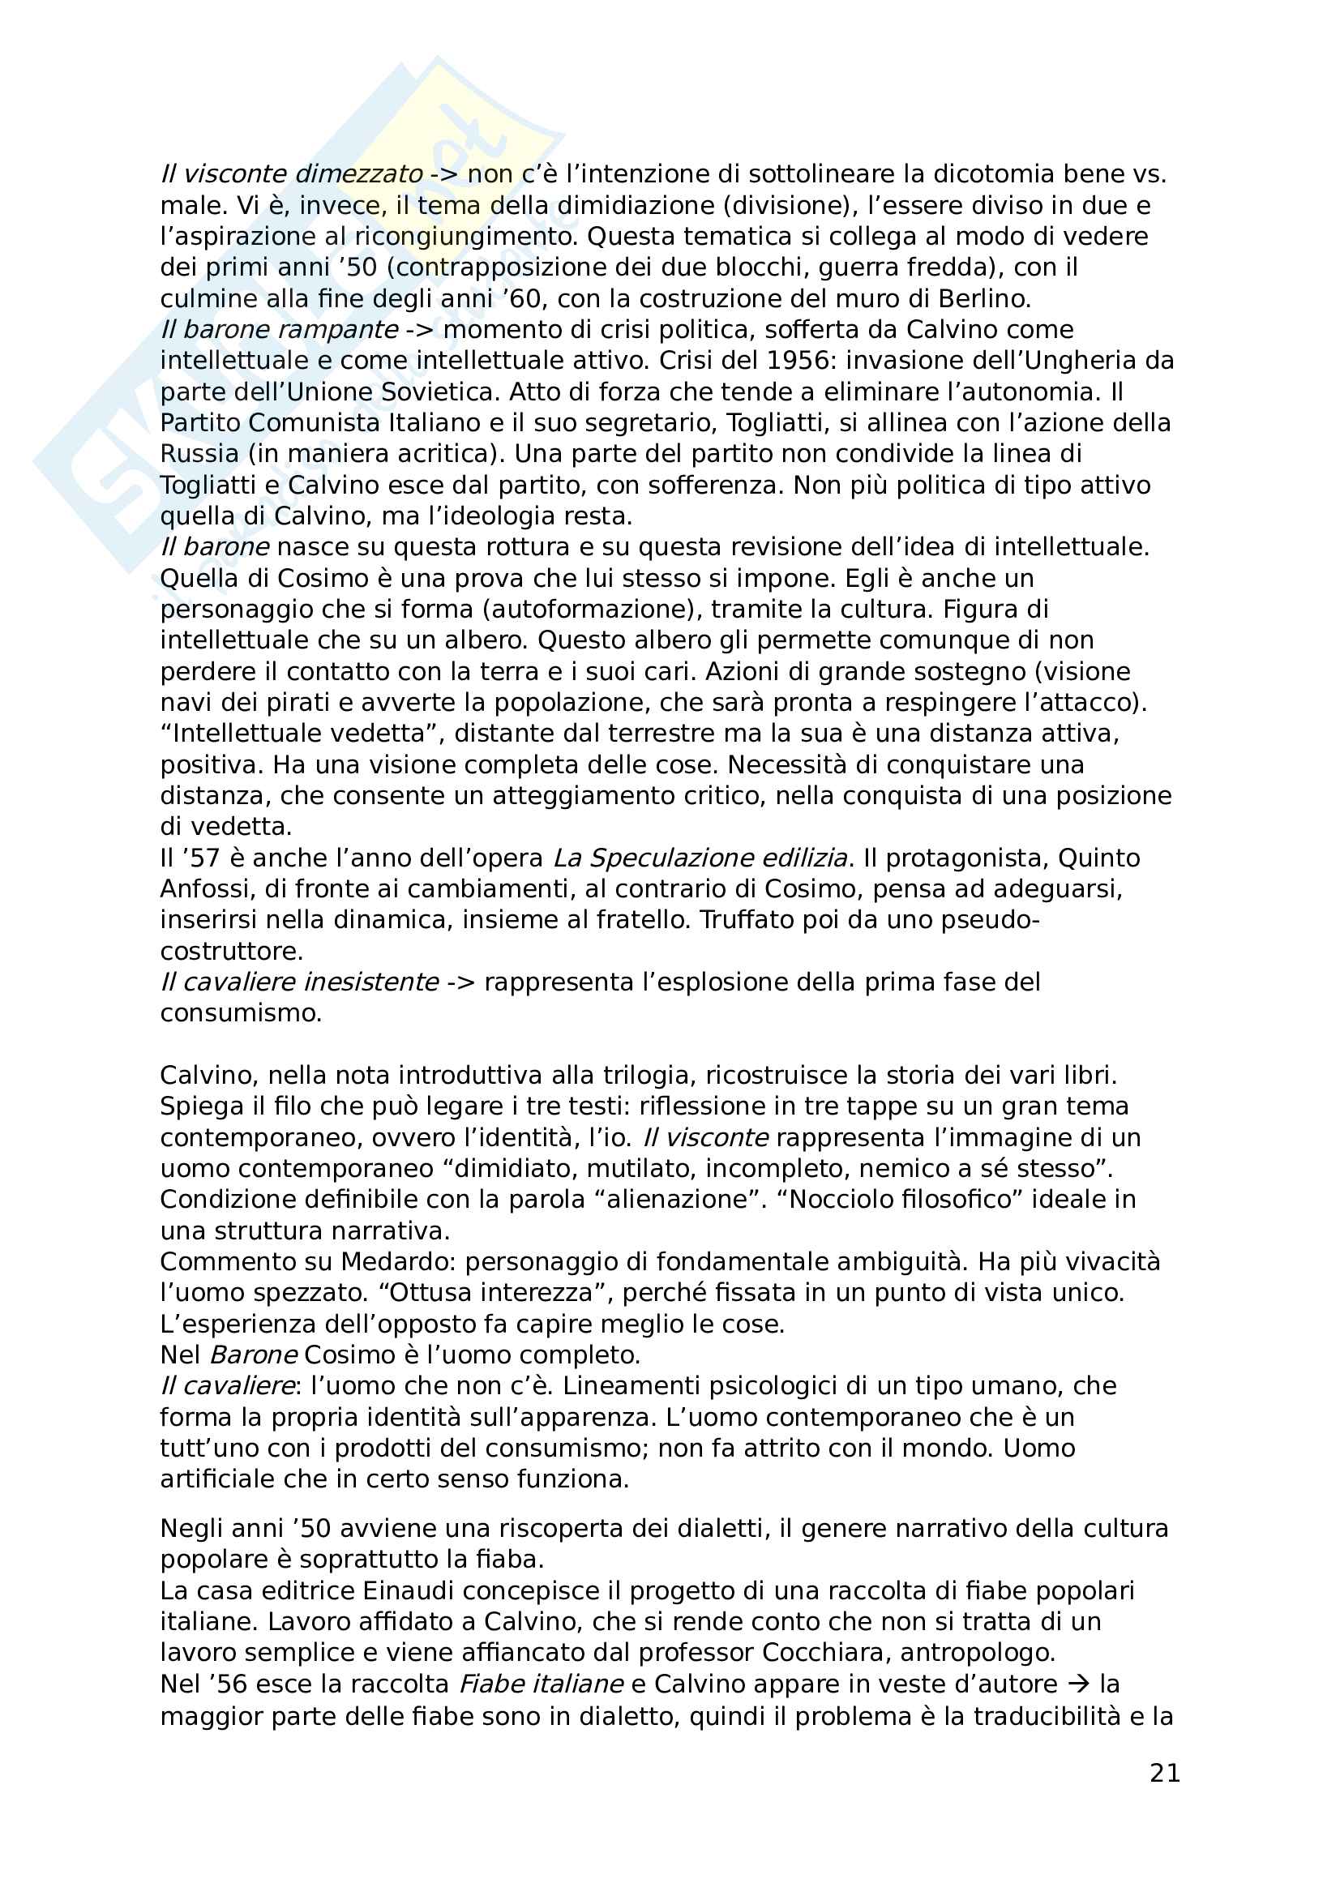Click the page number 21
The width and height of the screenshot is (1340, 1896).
coord(1164,1773)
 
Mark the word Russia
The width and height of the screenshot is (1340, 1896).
coord(199,454)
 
